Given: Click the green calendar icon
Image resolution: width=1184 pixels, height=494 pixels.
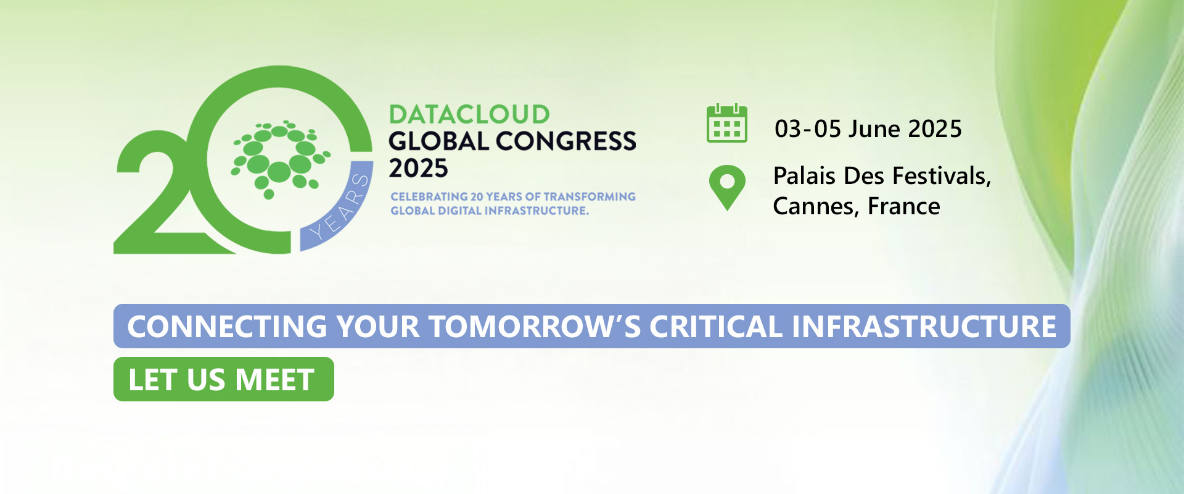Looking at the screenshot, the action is click(x=726, y=124).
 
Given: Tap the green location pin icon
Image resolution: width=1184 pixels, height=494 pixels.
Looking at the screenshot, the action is click(x=727, y=188).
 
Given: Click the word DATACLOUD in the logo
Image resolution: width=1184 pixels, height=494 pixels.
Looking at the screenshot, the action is click(x=469, y=114).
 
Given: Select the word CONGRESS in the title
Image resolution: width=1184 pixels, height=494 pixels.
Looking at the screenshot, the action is click(x=566, y=141).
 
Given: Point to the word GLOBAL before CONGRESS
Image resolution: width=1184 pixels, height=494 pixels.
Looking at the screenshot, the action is click(x=438, y=141).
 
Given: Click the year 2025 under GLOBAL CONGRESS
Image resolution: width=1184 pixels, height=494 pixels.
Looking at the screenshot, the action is click(x=418, y=169).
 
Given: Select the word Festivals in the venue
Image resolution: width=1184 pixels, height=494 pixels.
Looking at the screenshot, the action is click(x=942, y=176).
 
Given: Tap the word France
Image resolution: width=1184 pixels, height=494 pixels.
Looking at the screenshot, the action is click(x=903, y=206).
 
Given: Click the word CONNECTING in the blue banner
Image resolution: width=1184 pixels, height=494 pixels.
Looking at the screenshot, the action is click(x=227, y=327).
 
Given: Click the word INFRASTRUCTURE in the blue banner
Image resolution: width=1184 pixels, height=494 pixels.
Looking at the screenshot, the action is click(x=924, y=327).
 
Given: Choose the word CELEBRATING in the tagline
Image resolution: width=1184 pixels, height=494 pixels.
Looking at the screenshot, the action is click(x=429, y=196).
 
